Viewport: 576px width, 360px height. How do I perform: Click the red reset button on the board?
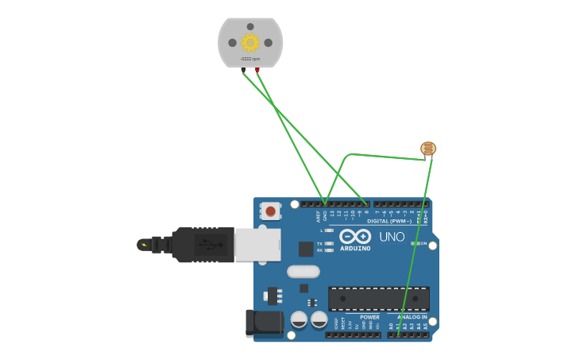(x=271, y=211)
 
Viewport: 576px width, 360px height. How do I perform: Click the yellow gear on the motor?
(x=250, y=42)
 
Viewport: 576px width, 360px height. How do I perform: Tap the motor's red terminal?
(x=257, y=70)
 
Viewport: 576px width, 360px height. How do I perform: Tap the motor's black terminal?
(x=243, y=70)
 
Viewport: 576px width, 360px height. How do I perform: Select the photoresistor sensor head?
(x=428, y=149)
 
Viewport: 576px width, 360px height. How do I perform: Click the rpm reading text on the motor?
(x=250, y=59)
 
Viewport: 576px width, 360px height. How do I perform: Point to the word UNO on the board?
(x=392, y=236)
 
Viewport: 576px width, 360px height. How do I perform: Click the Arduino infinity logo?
(x=355, y=236)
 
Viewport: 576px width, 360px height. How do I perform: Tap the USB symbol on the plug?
(x=208, y=244)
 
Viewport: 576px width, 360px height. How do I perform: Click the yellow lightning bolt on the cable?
(x=144, y=245)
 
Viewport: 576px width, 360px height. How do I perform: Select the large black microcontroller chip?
(x=379, y=299)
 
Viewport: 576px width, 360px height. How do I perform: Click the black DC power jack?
(x=265, y=323)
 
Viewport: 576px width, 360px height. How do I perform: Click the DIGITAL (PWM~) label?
(x=389, y=221)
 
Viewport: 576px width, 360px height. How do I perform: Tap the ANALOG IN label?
(x=412, y=317)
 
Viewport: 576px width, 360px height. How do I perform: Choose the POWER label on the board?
(x=369, y=317)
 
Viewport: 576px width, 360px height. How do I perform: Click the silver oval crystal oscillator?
(x=303, y=272)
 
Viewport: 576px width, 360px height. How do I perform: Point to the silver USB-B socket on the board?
(x=257, y=245)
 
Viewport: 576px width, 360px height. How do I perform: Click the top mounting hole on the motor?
(x=250, y=26)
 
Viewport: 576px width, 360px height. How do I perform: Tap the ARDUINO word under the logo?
(x=355, y=248)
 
